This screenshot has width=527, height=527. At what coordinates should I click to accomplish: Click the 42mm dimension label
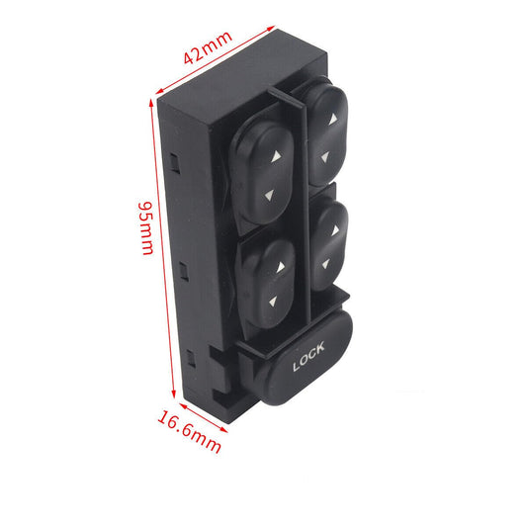coord(208,47)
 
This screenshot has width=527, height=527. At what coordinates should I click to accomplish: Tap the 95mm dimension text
coord(146,228)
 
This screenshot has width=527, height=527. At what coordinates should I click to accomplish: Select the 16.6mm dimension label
coord(190,431)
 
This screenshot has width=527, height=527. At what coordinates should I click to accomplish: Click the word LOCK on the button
coord(308,356)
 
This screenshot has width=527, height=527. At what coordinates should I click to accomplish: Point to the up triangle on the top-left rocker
coord(276,156)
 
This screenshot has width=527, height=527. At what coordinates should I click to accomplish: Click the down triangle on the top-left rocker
coord(270,196)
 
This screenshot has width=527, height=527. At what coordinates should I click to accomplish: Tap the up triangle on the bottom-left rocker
coord(281,267)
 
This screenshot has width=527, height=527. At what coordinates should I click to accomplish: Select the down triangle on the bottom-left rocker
coord(273,302)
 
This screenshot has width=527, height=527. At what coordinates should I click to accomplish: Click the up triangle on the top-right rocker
coord(333,119)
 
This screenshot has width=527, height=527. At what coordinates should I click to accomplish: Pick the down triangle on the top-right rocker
coord(325,157)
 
